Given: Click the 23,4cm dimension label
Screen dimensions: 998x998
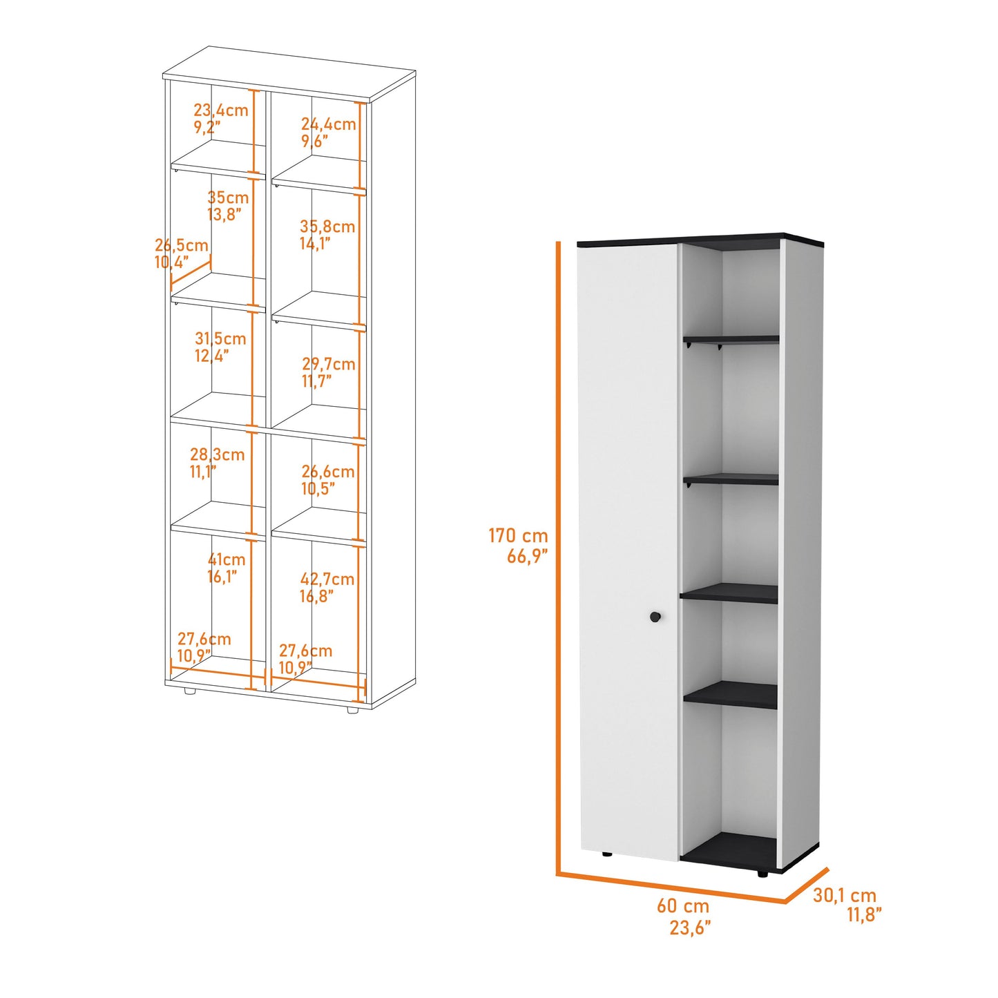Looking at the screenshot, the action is tap(221, 119).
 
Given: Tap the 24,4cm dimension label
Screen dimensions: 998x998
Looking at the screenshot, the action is tap(329, 133).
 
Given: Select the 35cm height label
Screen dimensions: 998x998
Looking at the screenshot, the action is tap(228, 206).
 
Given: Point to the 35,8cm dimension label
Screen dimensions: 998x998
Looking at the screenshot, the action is tap(327, 235).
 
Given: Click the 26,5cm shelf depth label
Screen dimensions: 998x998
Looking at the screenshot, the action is tap(182, 253).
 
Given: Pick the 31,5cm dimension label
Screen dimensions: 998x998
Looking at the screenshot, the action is tap(220, 347).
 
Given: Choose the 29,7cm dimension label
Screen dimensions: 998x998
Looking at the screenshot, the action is tap(329, 372).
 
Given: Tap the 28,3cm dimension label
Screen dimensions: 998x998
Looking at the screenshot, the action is tap(217, 463).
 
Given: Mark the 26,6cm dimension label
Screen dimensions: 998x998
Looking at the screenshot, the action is tap(328, 480).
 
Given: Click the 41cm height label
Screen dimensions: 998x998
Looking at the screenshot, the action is tap(227, 568).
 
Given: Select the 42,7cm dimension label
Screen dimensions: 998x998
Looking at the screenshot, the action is tap(327, 587).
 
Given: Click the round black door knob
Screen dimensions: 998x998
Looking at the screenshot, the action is tap(655, 617).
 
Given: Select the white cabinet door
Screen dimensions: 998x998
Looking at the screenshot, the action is tap(628, 554).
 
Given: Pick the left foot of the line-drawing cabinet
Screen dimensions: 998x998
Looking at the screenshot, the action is tap(189, 691).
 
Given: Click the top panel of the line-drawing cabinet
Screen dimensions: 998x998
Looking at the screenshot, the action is tap(289, 72).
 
